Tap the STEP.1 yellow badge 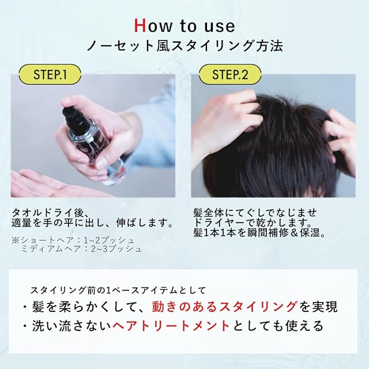click(x=50, y=74)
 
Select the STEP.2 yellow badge click(x=230, y=74)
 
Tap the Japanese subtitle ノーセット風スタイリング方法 click(x=184, y=46)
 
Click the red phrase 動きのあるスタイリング click(x=224, y=307)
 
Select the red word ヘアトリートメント click(x=171, y=326)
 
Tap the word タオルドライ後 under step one click(x=48, y=213)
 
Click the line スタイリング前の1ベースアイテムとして click(x=118, y=290)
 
